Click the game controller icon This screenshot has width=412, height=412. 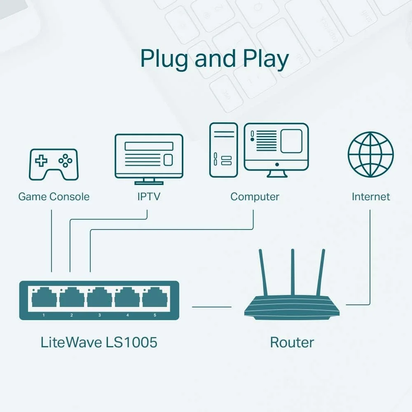tap(54, 164)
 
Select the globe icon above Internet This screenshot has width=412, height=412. tap(370, 154)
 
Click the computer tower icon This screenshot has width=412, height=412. tap(223, 150)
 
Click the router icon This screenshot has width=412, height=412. tap(292, 307)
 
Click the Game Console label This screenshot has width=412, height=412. tap(54, 197)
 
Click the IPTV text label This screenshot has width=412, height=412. tap(149, 197)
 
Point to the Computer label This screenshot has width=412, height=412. tap(255, 197)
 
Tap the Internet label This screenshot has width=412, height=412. tap(371, 197)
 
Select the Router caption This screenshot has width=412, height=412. tap(292, 342)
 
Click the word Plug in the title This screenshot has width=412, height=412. tap(164, 59)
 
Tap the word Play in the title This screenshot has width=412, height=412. tap(265, 59)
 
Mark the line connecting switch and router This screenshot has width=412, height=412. tap(212, 307)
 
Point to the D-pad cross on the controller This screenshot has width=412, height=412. tap(41, 161)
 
